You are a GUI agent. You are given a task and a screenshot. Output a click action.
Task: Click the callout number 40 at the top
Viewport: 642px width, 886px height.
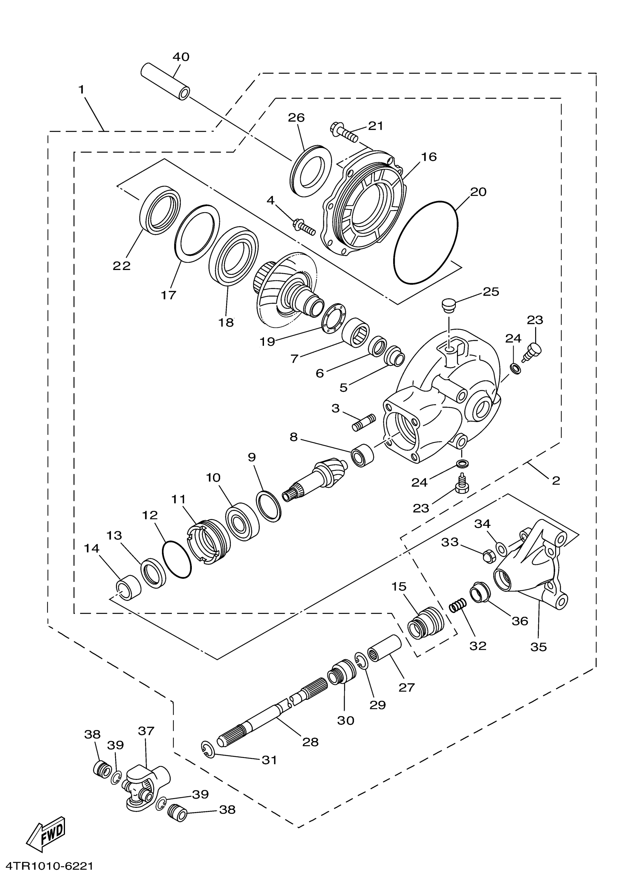coord(181,57)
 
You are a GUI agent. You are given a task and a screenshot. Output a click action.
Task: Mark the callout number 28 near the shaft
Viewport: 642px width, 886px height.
coord(311,741)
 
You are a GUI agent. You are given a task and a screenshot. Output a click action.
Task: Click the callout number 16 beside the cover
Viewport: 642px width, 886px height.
coord(429,157)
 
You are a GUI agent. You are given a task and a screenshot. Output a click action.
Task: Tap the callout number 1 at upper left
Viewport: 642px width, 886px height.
coord(81,90)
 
